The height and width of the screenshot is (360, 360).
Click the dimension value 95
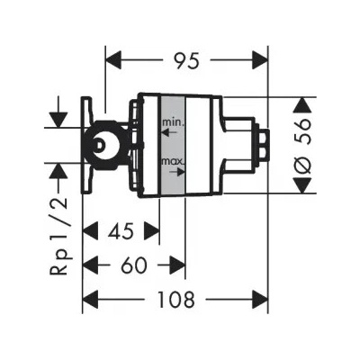185,61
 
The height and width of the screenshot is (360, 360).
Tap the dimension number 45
120,231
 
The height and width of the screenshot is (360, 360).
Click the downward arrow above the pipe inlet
58,118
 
